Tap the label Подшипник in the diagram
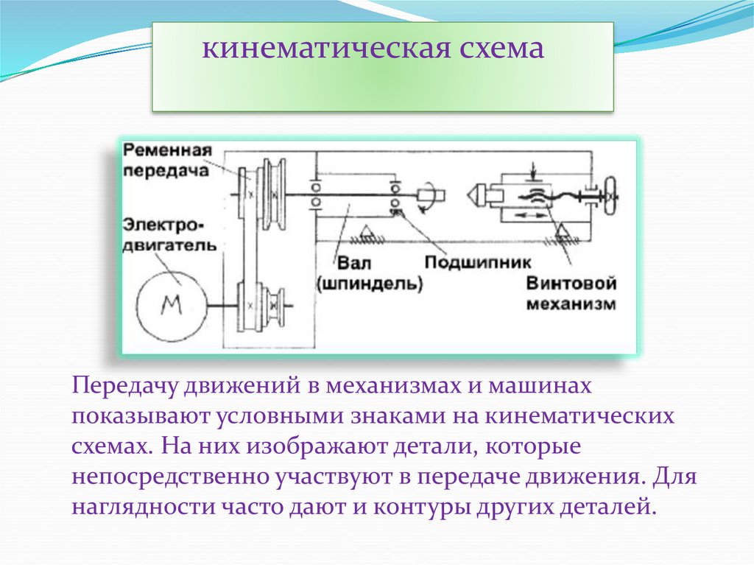[470, 262]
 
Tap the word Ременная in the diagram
[169, 150]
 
